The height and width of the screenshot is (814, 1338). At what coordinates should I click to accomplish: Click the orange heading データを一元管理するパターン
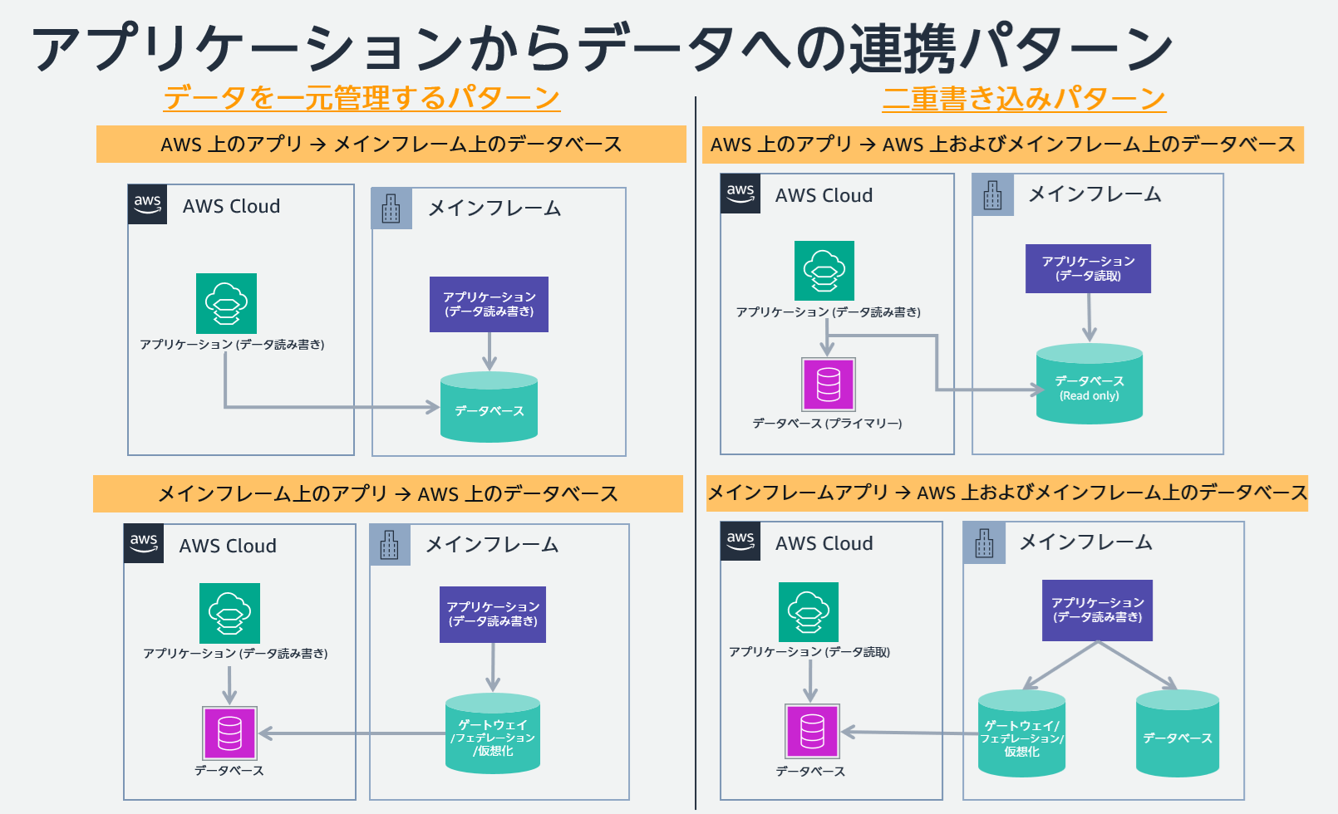(362, 98)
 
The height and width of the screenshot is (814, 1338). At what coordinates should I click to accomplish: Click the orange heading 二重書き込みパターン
(1024, 99)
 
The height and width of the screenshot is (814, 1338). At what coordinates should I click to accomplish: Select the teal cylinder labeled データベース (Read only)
(1089, 385)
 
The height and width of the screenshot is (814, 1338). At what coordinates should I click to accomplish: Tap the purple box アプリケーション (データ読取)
(1088, 268)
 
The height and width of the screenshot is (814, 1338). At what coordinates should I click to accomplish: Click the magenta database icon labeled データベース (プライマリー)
(828, 384)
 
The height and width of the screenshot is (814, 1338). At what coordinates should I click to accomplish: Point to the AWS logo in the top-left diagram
(148, 204)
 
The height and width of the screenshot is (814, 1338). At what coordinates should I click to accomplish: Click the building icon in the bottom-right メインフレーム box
(984, 543)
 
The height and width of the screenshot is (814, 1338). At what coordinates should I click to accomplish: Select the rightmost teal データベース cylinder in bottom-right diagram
(1177, 735)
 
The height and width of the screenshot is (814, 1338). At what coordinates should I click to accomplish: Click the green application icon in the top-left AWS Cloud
(226, 303)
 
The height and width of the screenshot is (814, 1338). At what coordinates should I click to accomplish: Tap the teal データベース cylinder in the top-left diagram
(489, 408)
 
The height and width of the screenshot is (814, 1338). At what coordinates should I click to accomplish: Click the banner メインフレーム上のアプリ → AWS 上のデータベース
(387, 494)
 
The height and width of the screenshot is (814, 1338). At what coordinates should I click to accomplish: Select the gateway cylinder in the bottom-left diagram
(493, 734)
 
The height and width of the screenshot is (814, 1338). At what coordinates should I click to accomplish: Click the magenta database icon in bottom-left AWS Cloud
(229, 733)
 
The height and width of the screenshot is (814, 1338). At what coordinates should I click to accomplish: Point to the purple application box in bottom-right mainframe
(1097, 610)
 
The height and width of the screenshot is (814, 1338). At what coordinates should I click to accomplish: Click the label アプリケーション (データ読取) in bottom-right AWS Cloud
(809, 652)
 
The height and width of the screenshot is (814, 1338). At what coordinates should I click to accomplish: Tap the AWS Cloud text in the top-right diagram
(824, 195)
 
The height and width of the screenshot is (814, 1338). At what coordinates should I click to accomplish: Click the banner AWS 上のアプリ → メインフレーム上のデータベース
(391, 145)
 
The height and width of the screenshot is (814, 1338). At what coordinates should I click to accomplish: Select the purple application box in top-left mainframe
(489, 304)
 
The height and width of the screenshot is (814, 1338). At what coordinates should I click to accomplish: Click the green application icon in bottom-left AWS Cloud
(229, 613)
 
